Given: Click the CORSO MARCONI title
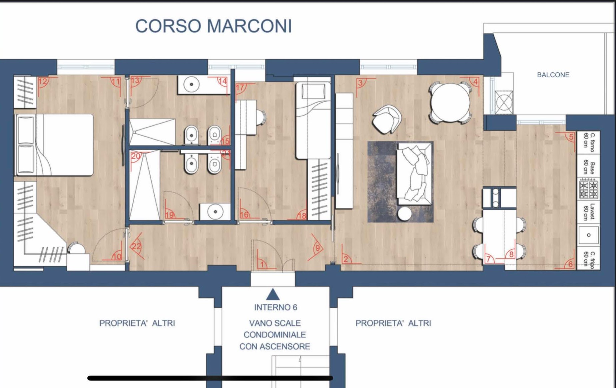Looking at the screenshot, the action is pos(214,26).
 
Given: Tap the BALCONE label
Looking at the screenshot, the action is pos(553,75).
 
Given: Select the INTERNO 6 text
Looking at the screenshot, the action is pos(276,307).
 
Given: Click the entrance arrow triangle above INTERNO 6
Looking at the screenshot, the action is pos(273,294).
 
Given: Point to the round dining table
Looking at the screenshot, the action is pos(450,102).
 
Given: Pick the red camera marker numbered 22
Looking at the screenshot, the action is pos(137,246).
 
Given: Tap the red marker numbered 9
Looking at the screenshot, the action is pos(316,247).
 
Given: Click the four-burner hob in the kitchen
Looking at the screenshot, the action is pos(588,189).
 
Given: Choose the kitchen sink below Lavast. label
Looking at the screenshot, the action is pos(589,235).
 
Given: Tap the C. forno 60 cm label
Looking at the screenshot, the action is pos(589,142).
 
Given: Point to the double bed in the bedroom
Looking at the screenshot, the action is pos(54,145).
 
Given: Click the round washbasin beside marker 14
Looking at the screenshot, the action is pos(191,84).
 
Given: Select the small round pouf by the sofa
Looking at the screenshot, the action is pos(404,213).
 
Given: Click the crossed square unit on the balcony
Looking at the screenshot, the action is pos(503,102).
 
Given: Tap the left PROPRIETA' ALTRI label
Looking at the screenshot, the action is pos(137,323).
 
